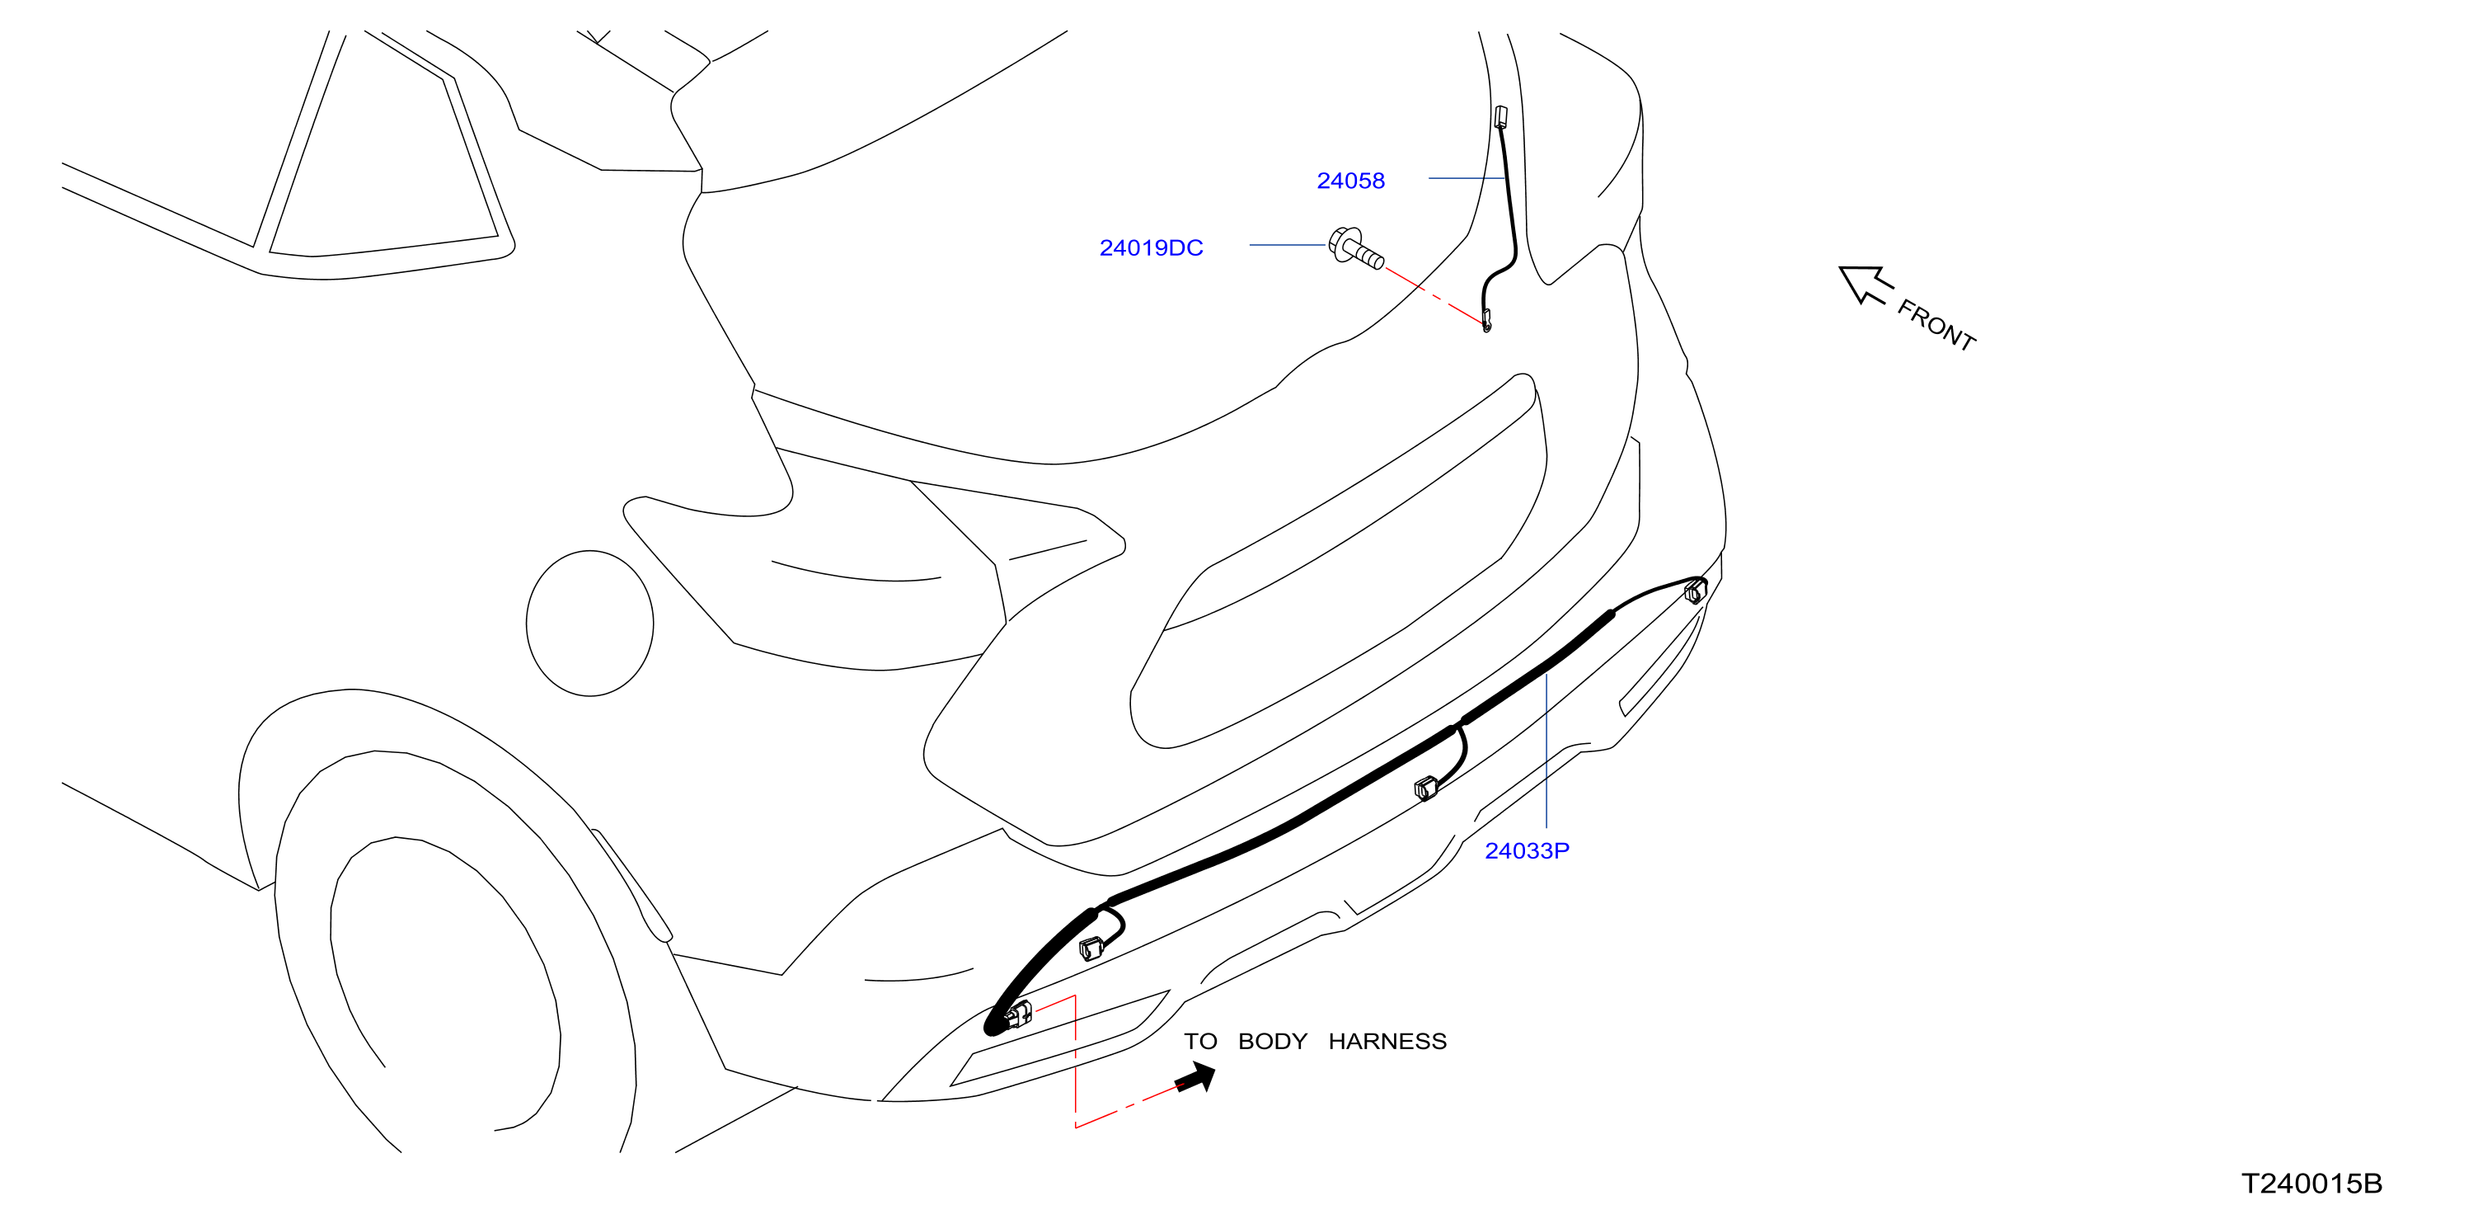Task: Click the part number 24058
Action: (x=1349, y=181)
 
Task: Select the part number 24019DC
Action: (x=1151, y=248)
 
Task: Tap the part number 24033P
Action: (x=1526, y=850)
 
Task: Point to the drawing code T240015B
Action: (x=2311, y=1184)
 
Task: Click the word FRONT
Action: (x=1936, y=325)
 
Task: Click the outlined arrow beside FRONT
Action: (x=1865, y=284)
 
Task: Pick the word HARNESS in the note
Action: (x=1387, y=1041)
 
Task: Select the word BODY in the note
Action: (x=1273, y=1041)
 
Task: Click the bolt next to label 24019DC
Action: (x=1354, y=248)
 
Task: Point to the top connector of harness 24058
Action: (x=1500, y=117)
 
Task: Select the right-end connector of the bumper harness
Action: (x=1696, y=591)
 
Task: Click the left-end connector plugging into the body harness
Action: (x=1016, y=1015)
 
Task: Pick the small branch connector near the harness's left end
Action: (x=1091, y=949)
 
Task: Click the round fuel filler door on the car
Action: (x=589, y=624)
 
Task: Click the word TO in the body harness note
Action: (x=1200, y=1041)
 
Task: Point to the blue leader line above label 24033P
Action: (x=1546, y=751)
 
